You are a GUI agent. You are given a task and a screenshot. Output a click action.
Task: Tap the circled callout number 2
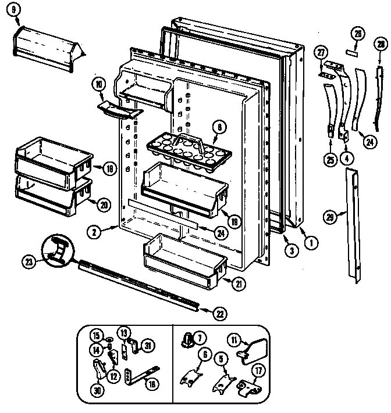click(93, 231)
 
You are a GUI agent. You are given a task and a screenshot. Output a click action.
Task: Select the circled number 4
click(347, 156)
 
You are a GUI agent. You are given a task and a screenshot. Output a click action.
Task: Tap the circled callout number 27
click(319, 53)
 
